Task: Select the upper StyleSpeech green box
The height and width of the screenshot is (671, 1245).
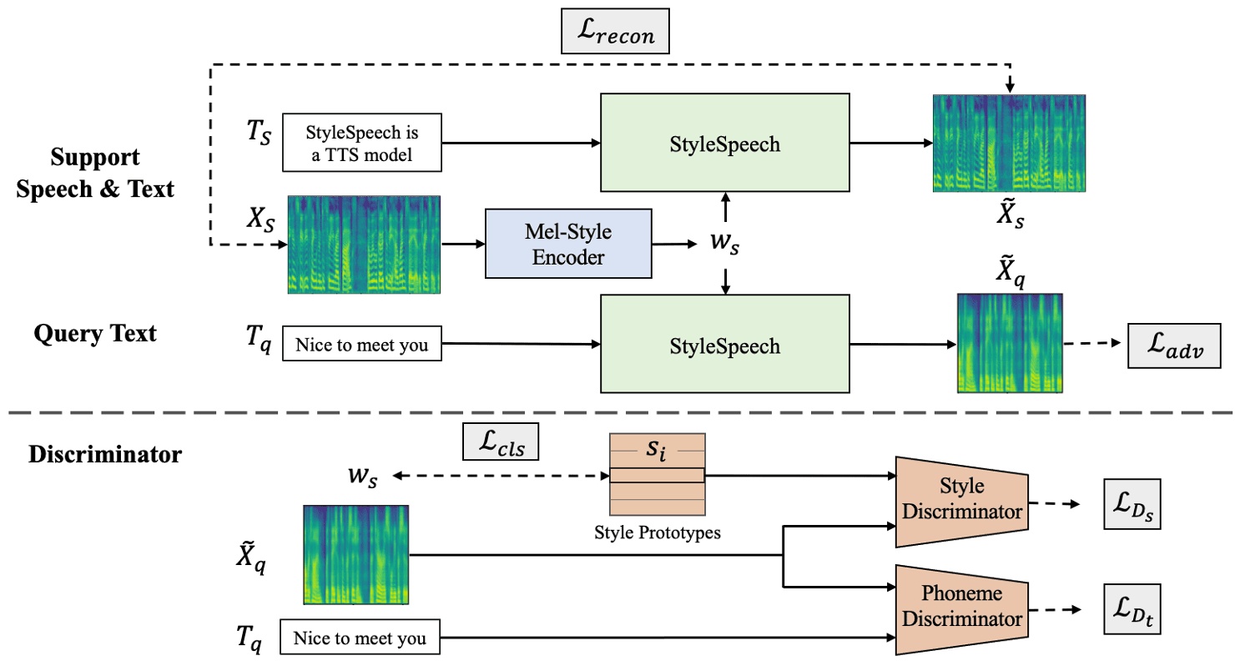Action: (x=725, y=144)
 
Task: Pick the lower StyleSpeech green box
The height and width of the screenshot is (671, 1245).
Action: (x=725, y=345)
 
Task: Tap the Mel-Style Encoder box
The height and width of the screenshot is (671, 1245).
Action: (x=567, y=244)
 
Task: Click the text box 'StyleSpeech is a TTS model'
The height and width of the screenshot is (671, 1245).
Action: (x=361, y=142)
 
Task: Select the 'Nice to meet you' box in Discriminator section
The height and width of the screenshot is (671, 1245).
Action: (x=359, y=639)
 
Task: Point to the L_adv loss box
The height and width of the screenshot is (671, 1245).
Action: (x=1173, y=345)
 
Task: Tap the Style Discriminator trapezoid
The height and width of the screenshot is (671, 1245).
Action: (x=960, y=502)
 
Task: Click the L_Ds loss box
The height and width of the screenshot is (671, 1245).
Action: (x=1132, y=504)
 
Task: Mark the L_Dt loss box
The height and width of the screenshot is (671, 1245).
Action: (x=1132, y=607)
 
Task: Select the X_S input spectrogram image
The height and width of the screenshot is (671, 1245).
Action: (x=364, y=245)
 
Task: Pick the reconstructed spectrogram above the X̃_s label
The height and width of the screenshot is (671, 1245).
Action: (x=1009, y=144)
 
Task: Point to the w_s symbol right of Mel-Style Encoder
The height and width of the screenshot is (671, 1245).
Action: (x=723, y=245)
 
